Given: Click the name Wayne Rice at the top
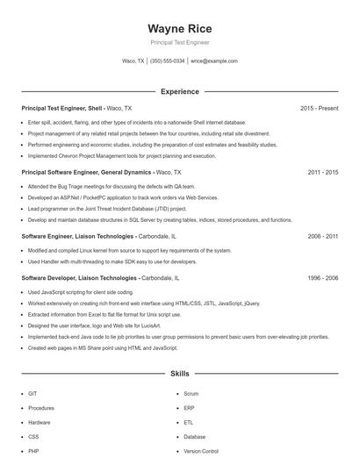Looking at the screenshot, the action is (x=179, y=28).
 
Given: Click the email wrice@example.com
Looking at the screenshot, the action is (x=214, y=61).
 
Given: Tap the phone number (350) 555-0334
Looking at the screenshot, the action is (x=167, y=61).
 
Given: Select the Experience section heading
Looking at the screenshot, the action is (x=179, y=91).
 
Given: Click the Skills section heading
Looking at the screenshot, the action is (x=179, y=374).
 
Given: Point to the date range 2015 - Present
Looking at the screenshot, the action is (x=319, y=108).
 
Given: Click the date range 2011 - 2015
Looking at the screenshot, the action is (x=322, y=173).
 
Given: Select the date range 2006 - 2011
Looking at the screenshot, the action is (x=322, y=237).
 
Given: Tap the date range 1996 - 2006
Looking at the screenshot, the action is (x=322, y=277).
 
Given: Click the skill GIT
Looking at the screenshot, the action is (x=32, y=394).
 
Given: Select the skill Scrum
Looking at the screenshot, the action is (x=191, y=394).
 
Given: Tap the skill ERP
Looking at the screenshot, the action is (x=189, y=408).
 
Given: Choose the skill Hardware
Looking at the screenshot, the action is (x=40, y=422).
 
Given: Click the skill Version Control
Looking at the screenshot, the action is (x=201, y=450).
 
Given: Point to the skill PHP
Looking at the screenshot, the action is (x=33, y=450).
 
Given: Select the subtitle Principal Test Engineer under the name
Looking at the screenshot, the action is (x=179, y=42).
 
